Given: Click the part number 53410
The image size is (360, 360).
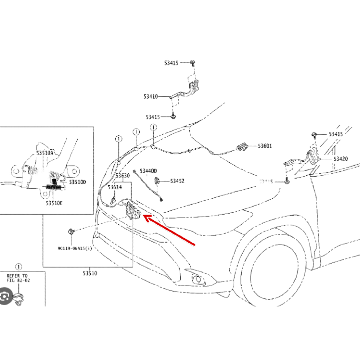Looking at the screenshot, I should point(151,96).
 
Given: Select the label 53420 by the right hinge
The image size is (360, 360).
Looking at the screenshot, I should point(341,159).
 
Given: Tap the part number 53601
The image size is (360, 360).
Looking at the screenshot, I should point(265,146).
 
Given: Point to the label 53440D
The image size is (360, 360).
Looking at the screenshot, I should point(148,171).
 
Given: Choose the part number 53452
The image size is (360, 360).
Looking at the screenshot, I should point(177,181).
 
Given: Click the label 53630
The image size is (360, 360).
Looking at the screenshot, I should point(122,176).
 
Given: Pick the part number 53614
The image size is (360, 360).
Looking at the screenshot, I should point(114,187).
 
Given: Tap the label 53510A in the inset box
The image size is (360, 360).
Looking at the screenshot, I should point(45,153).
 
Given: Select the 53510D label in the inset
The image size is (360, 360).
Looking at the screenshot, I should point(78,182).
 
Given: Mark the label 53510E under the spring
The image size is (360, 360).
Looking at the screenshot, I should point(54,203).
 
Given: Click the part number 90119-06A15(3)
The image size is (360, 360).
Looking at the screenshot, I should point(75,248).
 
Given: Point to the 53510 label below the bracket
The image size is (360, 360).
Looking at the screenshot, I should point(90,273).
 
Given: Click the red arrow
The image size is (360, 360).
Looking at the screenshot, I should point(169,229).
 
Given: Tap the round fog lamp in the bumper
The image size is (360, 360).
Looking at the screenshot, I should point(197,279).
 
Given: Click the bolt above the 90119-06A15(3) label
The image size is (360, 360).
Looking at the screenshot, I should point(71,230).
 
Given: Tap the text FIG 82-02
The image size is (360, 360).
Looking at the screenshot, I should point(17,281).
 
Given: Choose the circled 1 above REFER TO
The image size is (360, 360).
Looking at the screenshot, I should point(18,267).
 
